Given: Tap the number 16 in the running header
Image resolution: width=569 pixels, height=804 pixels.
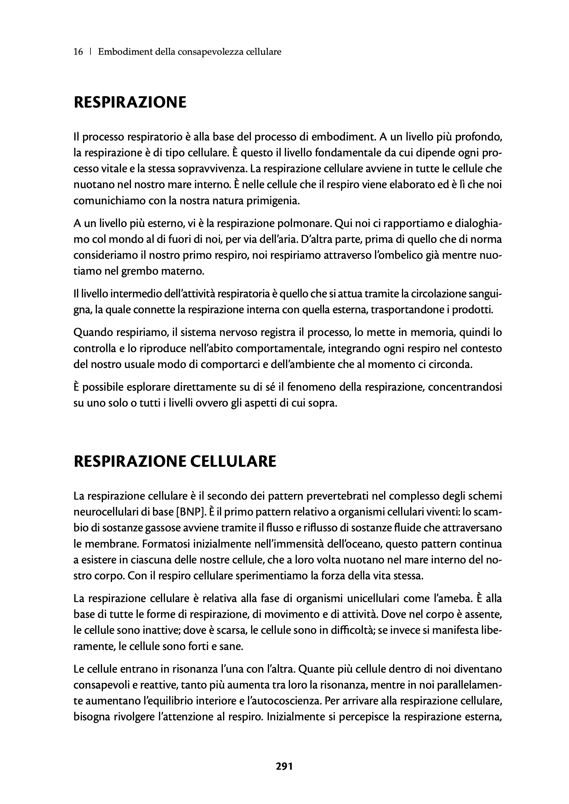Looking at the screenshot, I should [78, 52].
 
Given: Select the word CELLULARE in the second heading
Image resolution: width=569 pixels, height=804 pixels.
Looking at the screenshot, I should [233, 461].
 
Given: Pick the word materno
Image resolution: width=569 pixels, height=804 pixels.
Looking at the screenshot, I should [184, 271].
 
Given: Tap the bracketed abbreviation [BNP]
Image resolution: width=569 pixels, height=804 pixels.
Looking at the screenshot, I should [190, 512].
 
